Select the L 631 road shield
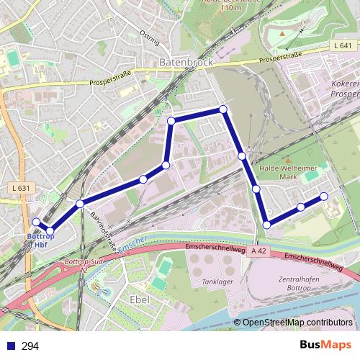pyautogui.click(x=22, y=189)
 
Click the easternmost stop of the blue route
pyautogui.click(x=324, y=197)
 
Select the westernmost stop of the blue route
pyautogui.click(x=36, y=222)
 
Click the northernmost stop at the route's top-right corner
pyautogui.click(x=223, y=109)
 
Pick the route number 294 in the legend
pyautogui.click(x=30, y=346)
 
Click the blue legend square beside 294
pyautogui.click(x=10, y=346)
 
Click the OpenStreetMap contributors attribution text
pyautogui.click(x=297, y=323)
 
